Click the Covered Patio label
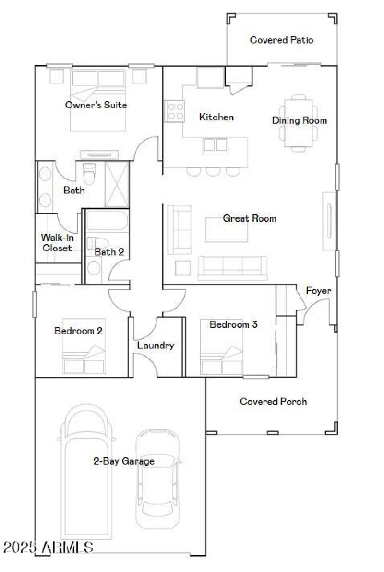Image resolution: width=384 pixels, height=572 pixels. tap(281, 40)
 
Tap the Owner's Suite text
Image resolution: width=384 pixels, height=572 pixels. tap(96, 105)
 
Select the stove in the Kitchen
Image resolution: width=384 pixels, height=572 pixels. tap(175, 111)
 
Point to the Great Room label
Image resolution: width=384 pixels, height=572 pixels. tap(249, 218)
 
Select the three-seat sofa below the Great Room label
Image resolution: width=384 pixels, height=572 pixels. tap(232, 268)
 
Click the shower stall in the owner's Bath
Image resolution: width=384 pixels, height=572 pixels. tap(117, 184)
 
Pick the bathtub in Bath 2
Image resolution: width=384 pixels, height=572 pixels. tap(106, 222)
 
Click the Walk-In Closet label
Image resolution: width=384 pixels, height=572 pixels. tap(56, 242)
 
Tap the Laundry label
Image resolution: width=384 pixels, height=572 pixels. tap(156, 345)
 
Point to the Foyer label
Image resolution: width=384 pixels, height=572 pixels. tap(318, 291)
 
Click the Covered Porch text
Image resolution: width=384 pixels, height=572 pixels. tap(273, 401)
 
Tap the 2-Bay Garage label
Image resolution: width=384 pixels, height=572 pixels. tap(124, 461)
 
